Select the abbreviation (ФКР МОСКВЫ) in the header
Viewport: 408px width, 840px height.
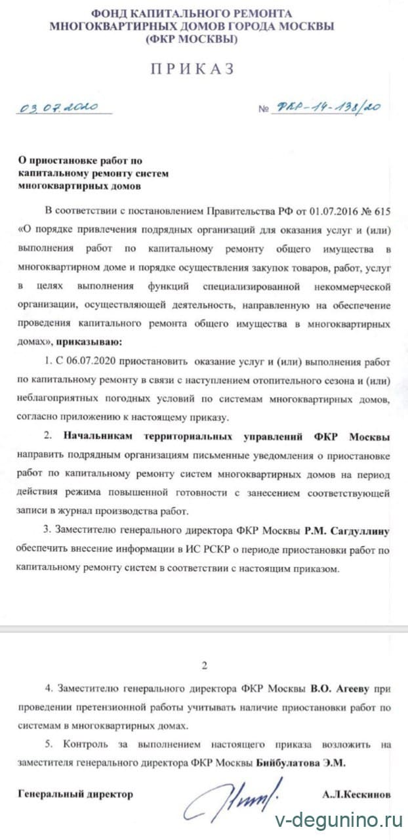(192, 39)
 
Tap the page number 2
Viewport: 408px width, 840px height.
(204, 666)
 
